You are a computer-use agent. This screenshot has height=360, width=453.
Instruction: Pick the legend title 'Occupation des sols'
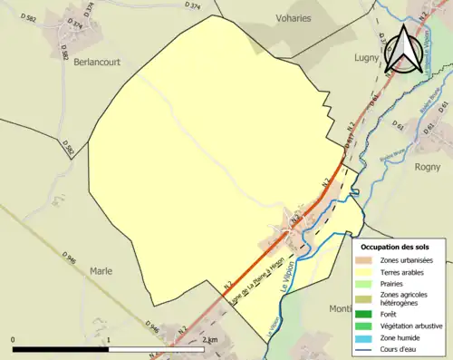394,247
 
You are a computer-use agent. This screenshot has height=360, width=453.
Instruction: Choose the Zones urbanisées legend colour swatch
367,260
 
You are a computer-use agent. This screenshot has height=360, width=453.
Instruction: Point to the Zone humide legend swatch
367,337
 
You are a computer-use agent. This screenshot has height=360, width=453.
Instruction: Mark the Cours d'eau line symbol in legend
367,348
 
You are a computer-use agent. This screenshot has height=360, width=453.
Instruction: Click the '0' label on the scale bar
14,339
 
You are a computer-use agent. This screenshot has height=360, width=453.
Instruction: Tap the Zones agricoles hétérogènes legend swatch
367,298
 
